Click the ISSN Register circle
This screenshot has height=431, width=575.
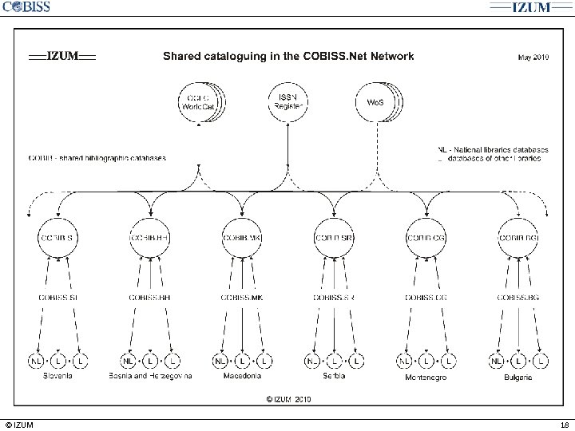click(x=287, y=103)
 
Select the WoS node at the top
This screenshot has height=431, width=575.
click(x=374, y=103)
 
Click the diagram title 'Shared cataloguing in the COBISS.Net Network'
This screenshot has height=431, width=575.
click(x=288, y=56)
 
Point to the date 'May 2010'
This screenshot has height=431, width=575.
click(x=533, y=57)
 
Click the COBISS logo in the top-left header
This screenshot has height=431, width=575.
click(x=26, y=7)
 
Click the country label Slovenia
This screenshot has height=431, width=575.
click(x=57, y=376)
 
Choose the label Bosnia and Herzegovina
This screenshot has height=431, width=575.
click(x=150, y=376)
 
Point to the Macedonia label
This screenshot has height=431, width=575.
click(x=243, y=376)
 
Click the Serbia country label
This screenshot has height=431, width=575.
click(x=334, y=376)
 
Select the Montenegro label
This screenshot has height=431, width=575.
click(x=426, y=377)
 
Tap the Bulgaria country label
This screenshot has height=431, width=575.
click(x=517, y=377)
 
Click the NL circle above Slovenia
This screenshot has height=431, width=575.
click(x=36, y=362)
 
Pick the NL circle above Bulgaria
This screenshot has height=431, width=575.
click(x=496, y=362)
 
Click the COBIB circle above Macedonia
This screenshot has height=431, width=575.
click(x=242, y=237)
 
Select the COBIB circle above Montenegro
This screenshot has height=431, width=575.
click(x=426, y=237)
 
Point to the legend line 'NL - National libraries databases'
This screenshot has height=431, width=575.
click(x=494, y=148)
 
